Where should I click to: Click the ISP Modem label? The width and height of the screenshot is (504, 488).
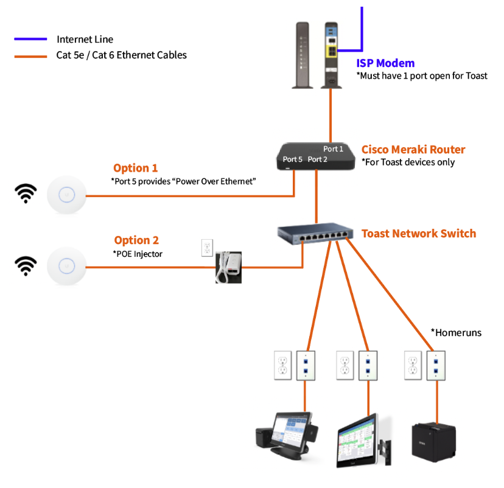385,63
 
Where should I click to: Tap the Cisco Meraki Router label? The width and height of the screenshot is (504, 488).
413,150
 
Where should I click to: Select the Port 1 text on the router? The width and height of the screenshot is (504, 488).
333,149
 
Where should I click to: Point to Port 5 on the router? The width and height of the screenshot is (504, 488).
293,159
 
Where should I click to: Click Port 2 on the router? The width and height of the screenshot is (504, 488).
318,159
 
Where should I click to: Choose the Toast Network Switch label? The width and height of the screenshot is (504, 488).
419,234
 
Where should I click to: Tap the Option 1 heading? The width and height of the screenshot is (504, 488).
135,168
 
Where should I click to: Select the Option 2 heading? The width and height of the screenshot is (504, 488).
136,240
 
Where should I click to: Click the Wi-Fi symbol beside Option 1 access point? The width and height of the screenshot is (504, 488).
26,194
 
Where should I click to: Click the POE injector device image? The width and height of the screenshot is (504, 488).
229,267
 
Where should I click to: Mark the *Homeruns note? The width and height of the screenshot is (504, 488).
456,332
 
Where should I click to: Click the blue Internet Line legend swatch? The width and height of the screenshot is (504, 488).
30,39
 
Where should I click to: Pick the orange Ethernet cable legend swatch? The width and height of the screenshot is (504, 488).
30,55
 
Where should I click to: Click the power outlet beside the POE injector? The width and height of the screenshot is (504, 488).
207,247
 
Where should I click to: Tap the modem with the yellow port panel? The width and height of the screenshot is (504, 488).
331,55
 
